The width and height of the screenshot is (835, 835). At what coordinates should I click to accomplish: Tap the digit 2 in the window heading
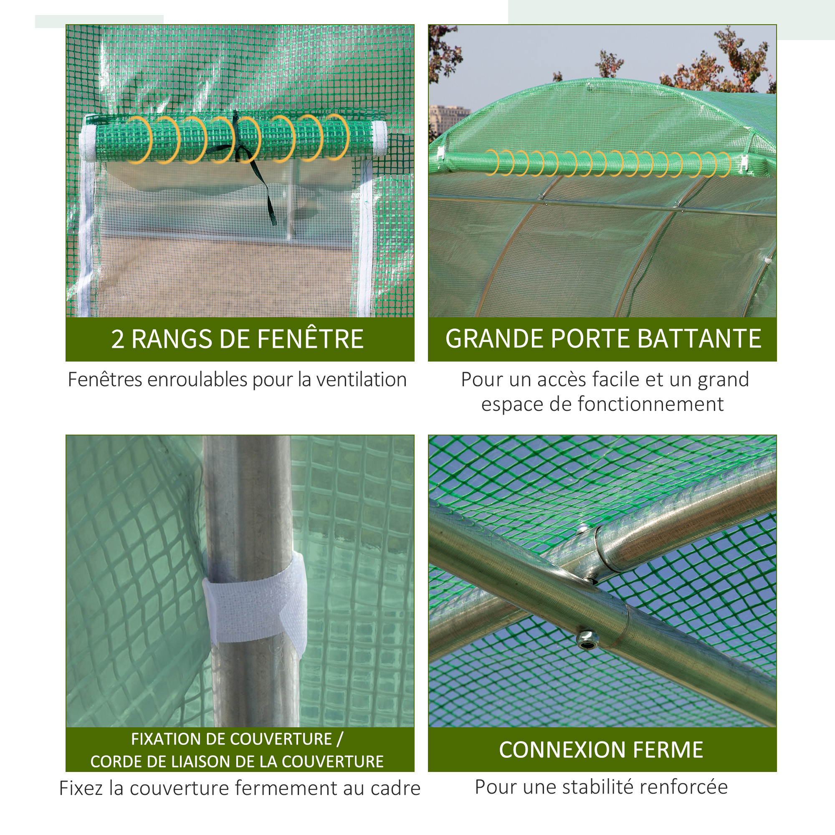click(118, 339)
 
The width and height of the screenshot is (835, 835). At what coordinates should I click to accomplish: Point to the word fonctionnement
click(650, 405)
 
